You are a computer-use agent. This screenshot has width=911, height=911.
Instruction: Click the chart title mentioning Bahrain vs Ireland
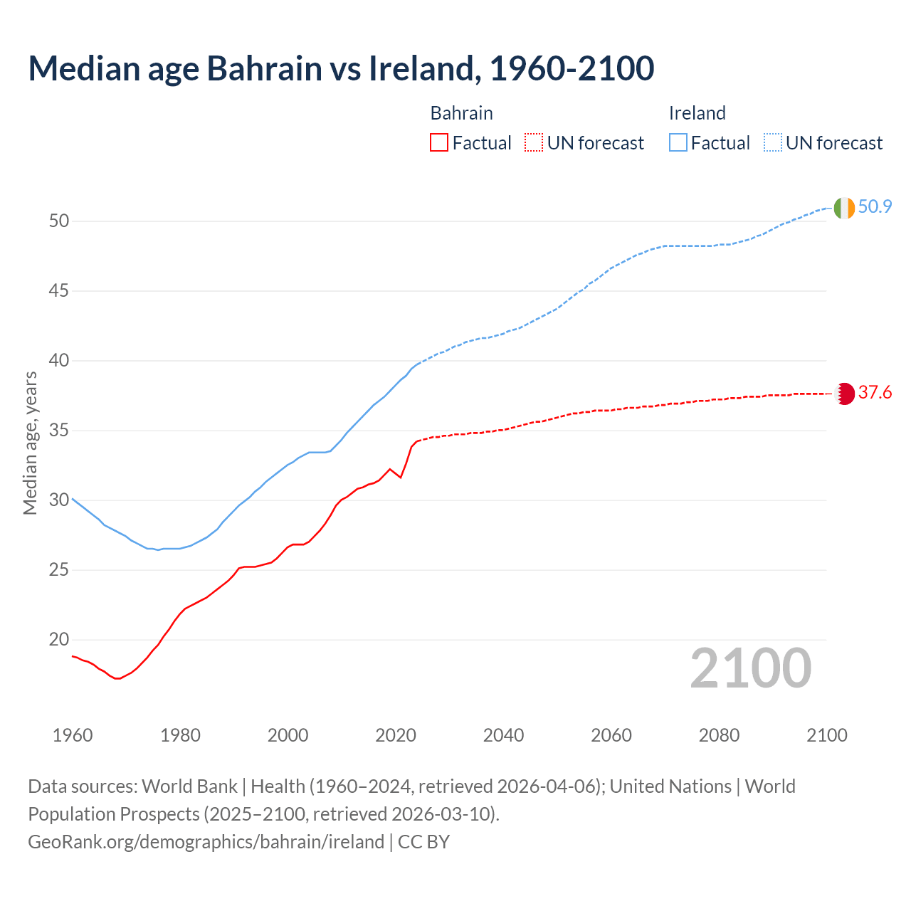(341, 68)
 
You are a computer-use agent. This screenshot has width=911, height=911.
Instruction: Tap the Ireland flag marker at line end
(844, 208)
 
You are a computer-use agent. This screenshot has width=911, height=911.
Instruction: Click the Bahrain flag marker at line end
(844, 394)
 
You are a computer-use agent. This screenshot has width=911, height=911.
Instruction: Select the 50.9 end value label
(875, 207)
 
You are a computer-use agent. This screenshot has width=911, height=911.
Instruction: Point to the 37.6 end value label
(875, 393)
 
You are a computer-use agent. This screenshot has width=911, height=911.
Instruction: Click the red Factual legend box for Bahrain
(439, 143)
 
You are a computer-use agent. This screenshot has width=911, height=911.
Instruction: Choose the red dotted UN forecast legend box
(534, 143)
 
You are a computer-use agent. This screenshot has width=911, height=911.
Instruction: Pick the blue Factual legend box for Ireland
(678, 143)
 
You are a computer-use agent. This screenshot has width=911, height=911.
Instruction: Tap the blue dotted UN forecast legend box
(773, 143)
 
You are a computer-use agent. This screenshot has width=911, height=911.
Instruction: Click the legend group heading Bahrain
(461, 113)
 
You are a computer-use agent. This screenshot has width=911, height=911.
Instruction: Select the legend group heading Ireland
(697, 113)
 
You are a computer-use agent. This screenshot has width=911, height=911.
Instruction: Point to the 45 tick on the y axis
(59, 291)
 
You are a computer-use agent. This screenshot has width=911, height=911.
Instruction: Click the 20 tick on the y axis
(59, 640)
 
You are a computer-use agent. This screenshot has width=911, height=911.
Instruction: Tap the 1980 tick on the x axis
(180, 735)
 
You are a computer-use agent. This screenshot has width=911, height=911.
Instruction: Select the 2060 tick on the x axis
(611, 735)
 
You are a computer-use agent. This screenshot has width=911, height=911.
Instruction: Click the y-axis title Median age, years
(30, 443)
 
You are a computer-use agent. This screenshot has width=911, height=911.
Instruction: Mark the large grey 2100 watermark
(751, 668)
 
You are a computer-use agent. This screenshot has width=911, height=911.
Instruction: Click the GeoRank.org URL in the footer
(206, 842)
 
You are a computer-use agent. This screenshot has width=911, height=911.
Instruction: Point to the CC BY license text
(423, 842)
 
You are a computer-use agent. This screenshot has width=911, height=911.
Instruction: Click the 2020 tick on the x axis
(396, 735)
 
